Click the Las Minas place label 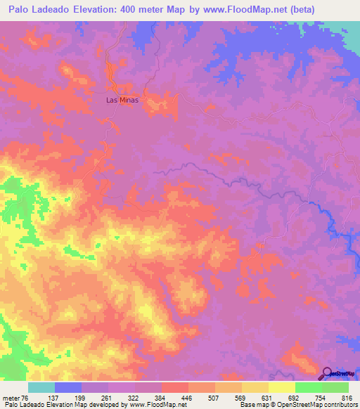click(x=121, y=100)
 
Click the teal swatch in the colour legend click(x=41, y=387)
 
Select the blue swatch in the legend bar click(x=67, y=387)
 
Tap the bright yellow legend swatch click(x=281, y=387)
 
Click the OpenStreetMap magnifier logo click(x=327, y=374)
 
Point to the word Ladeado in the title click(x=51, y=9)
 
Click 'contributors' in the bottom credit click(x=337, y=405)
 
